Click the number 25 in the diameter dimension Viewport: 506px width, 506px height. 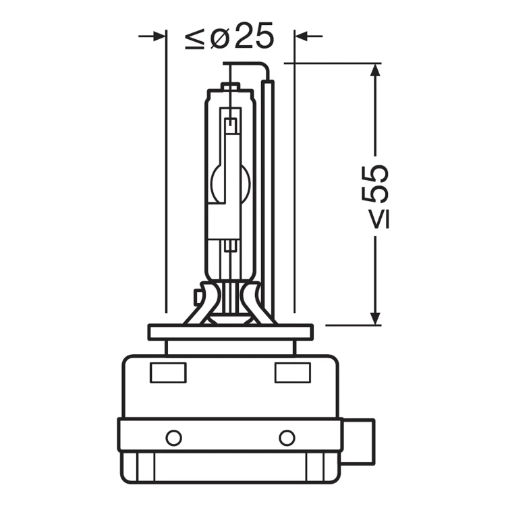[x=254, y=36]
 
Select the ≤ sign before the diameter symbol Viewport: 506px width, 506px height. [x=194, y=39]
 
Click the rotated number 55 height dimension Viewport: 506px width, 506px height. [x=374, y=184]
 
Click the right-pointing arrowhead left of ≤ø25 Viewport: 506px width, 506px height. [x=159, y=36]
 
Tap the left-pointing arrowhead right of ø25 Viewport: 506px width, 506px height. [x=302, y=36]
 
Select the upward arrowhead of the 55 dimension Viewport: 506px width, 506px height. [x=375, y=70]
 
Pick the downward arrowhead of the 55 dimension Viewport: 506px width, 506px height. [x=375, y=318]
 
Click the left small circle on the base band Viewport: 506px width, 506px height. [x=173, y=439]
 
